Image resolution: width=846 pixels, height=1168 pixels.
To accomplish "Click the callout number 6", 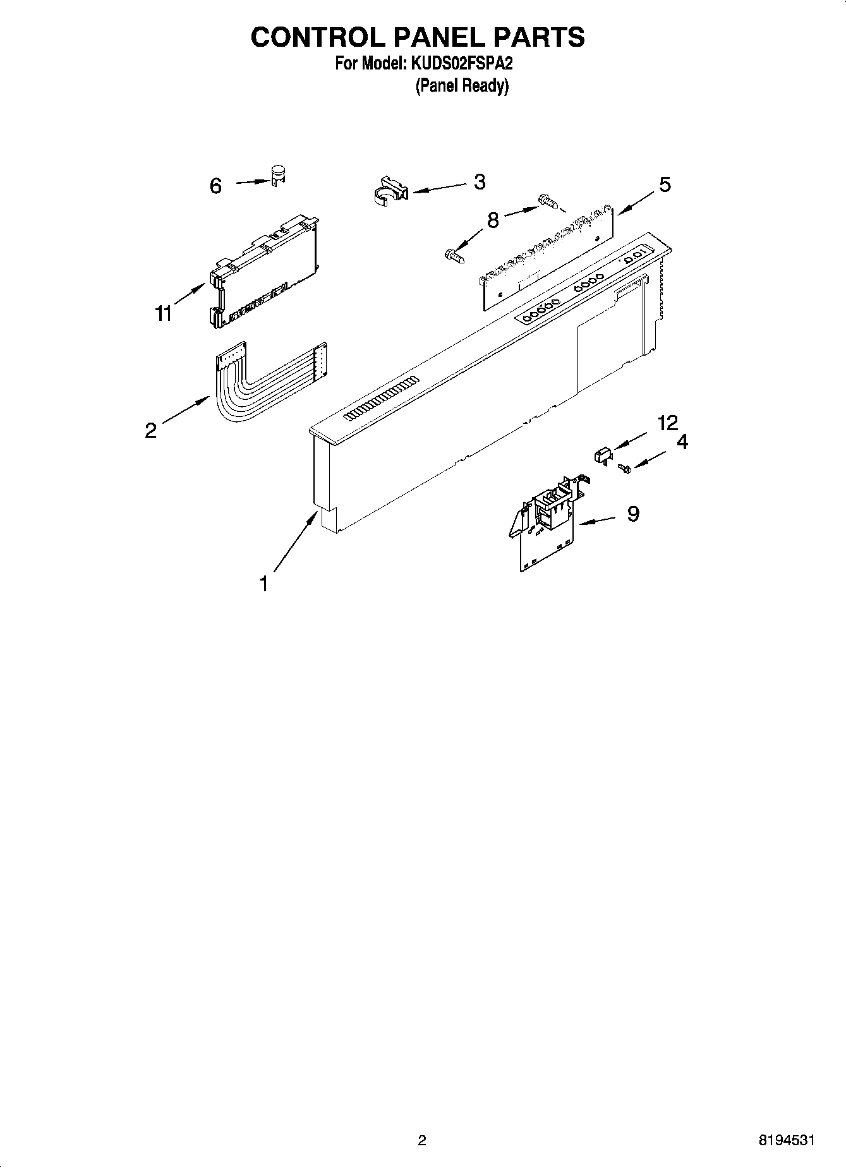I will tap(215, 186).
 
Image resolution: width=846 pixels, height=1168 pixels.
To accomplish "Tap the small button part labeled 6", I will tap(277, 175).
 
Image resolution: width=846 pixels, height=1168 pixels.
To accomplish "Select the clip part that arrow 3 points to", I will tap(388, 190).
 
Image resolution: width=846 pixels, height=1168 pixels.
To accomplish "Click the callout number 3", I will tap(480, 182).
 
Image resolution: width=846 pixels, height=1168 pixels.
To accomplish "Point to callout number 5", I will tap(665, 184).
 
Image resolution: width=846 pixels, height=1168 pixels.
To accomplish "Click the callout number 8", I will tap(493, 220).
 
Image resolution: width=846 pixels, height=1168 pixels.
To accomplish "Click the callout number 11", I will tap(164, 313).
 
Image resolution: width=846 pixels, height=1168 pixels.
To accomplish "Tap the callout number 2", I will tap(150, 430).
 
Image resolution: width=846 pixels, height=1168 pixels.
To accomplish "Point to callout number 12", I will tap(667, 423).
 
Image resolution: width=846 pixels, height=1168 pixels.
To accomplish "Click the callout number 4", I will tap(682, 442).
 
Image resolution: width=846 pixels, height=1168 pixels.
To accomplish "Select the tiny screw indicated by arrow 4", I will tap(625, 468).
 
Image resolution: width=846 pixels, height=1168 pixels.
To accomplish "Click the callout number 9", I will tap(633, 514).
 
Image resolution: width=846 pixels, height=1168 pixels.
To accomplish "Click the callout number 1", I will tap(264, 584).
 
